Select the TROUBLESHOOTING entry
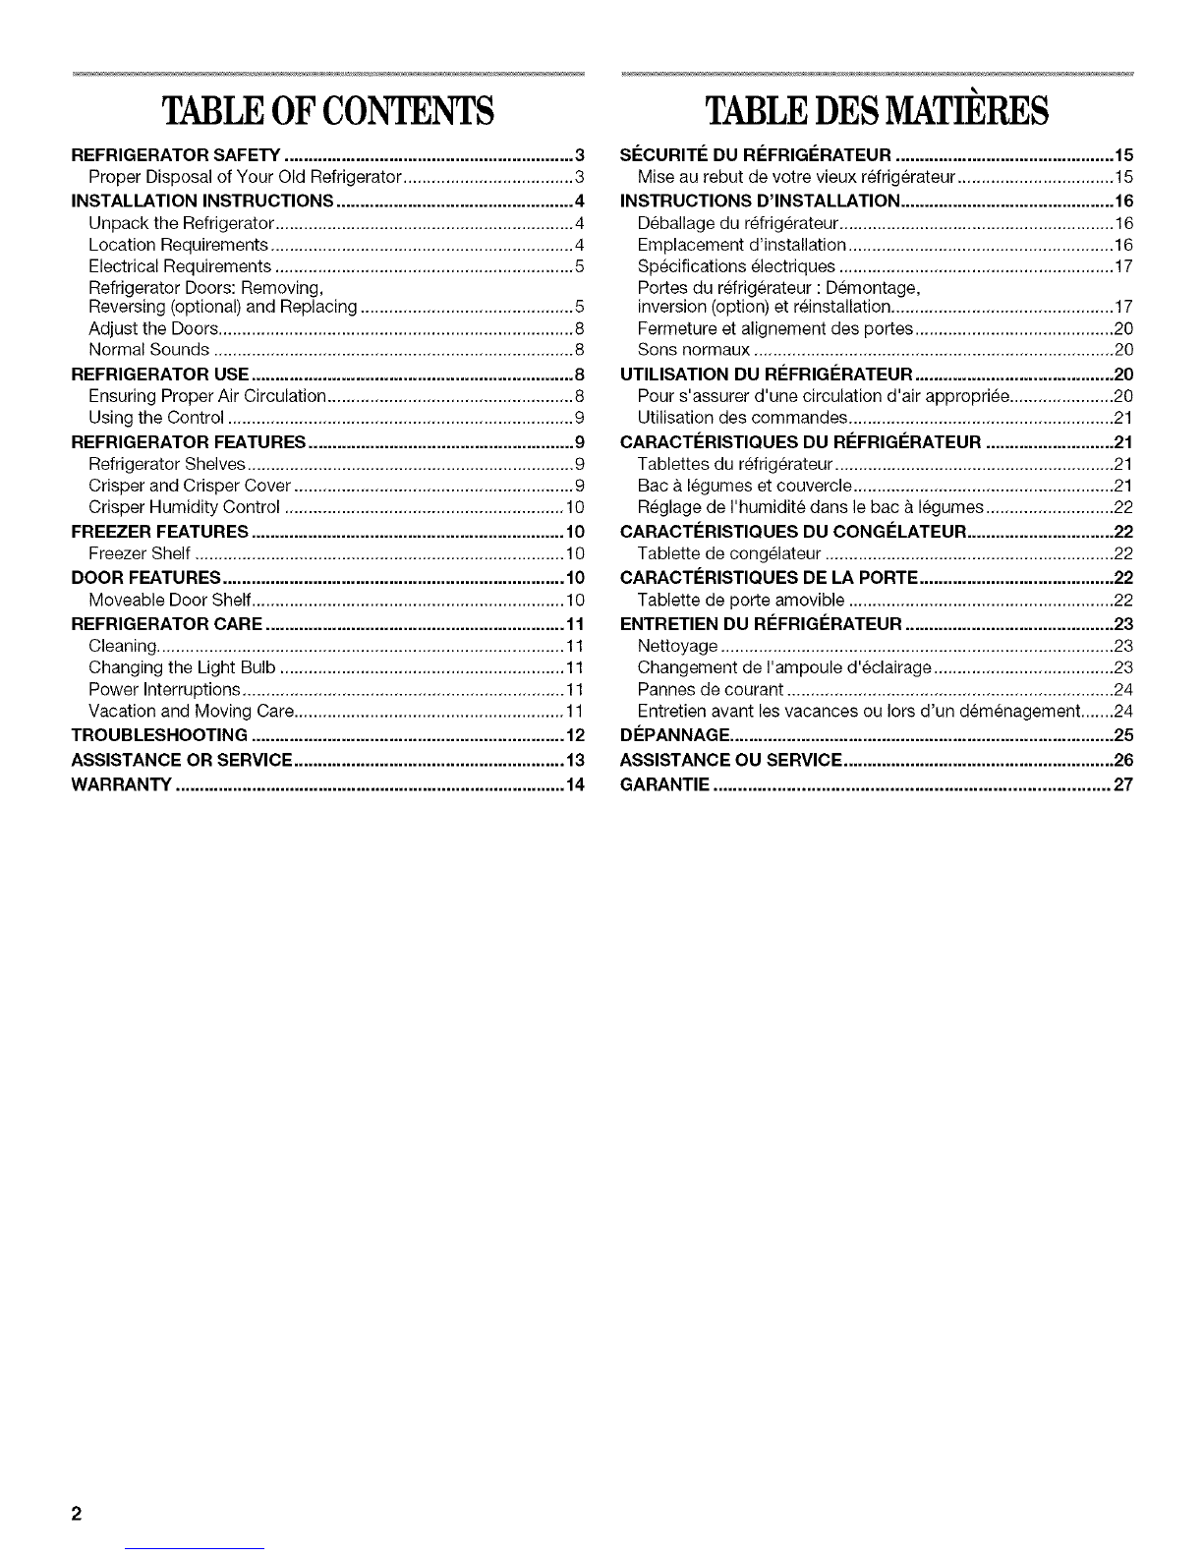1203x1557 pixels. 160,736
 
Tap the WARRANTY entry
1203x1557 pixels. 123,784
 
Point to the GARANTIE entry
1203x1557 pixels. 665,784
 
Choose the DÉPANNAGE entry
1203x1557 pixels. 674,736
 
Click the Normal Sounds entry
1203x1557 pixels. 148,350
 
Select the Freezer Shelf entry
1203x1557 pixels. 139,553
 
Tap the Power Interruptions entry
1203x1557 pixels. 164,689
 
